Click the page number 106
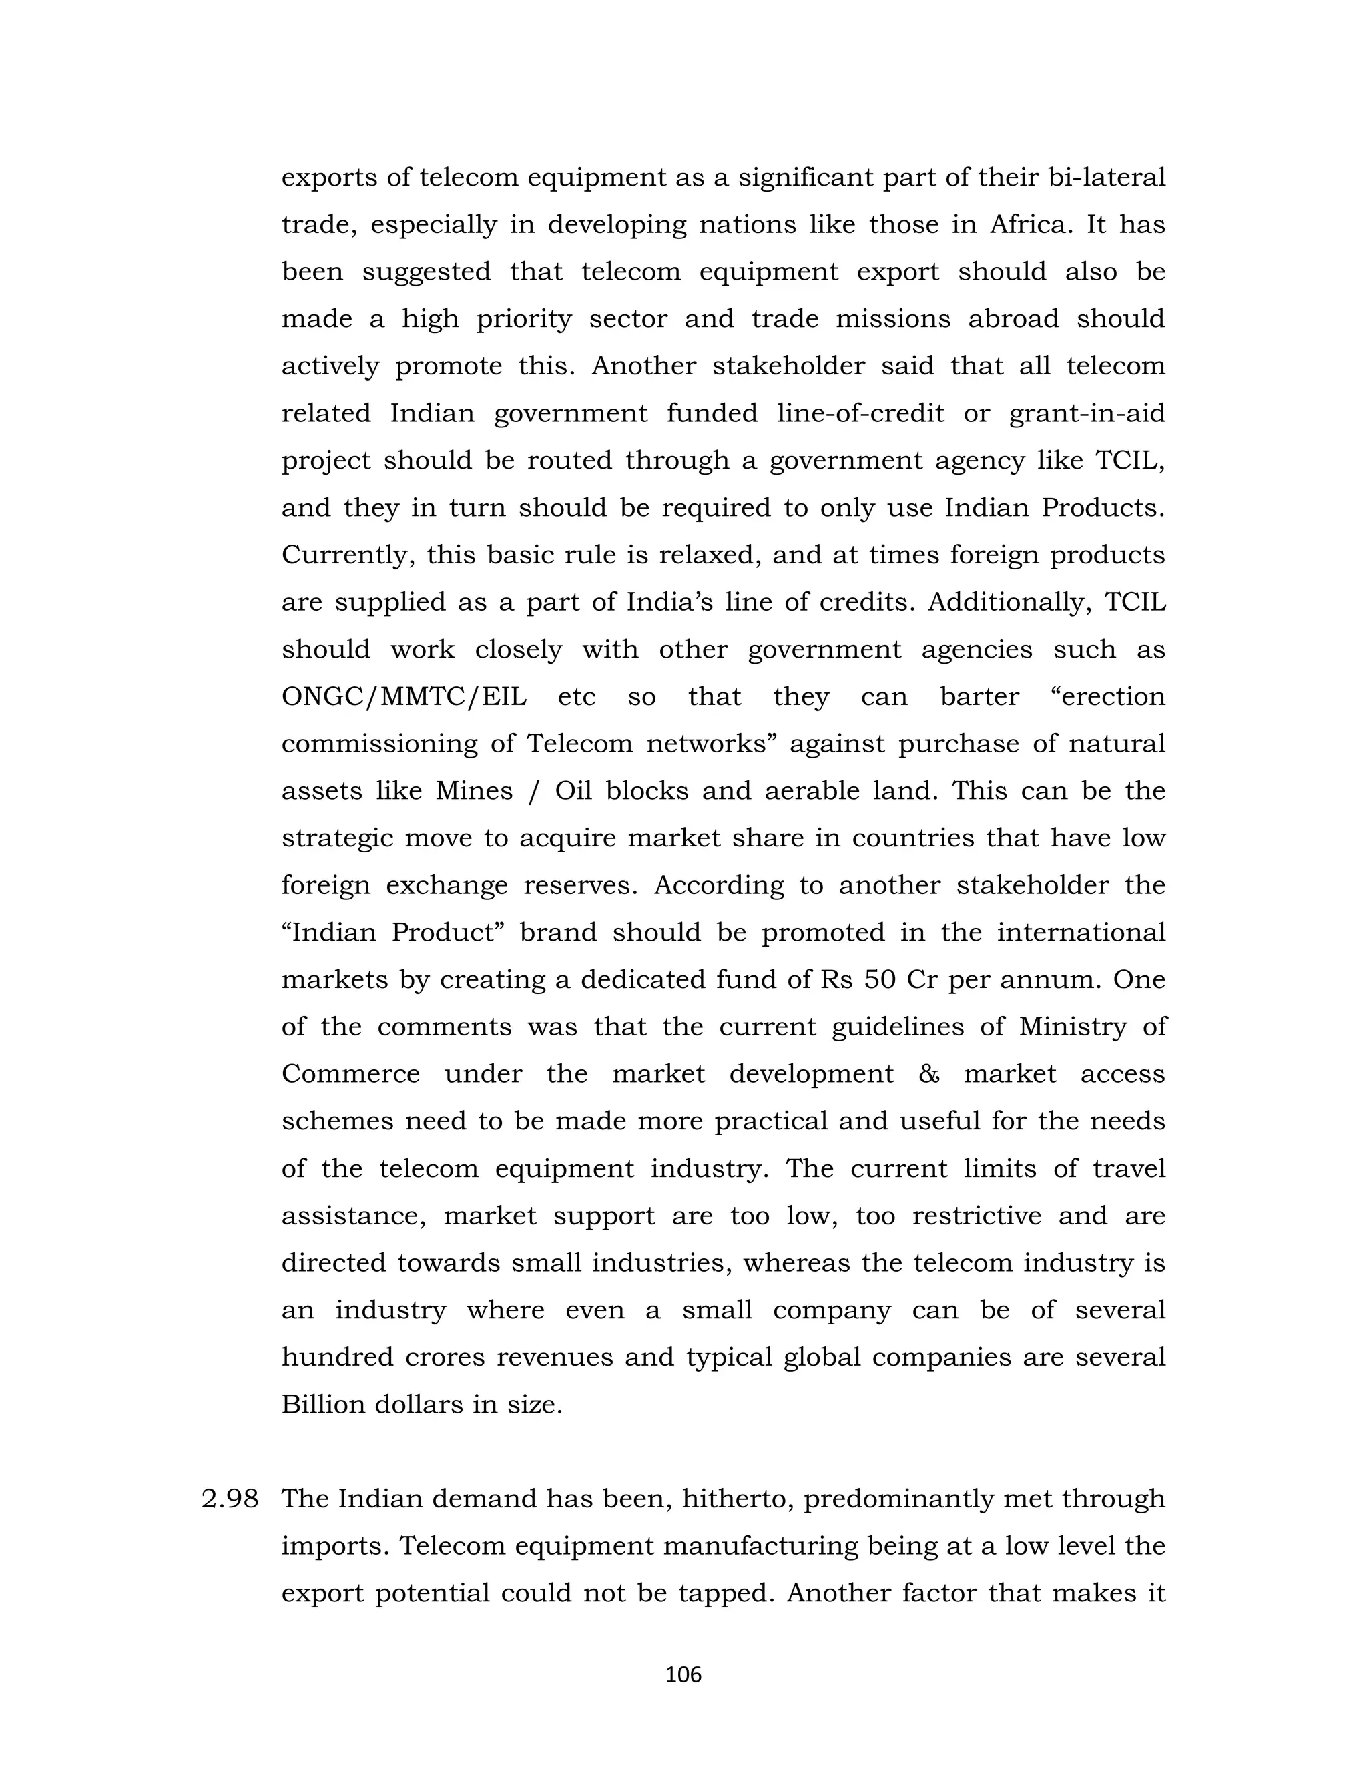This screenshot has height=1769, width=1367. pos(683,1674)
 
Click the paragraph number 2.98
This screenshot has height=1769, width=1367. pos(230,1499)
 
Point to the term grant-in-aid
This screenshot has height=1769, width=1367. pos(1087,413)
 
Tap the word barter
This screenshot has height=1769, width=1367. pos(979,696)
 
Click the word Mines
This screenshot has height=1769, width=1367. pos(474,790)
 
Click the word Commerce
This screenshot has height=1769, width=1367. pos(350,1074)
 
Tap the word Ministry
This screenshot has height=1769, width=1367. pos(1072,1027)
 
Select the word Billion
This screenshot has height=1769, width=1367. pos(322,1405)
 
